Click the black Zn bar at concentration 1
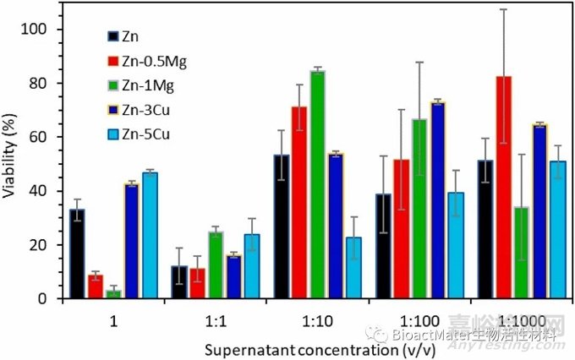coord(77,254)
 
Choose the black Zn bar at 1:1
coord(179,282)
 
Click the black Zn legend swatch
coord(113,36)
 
